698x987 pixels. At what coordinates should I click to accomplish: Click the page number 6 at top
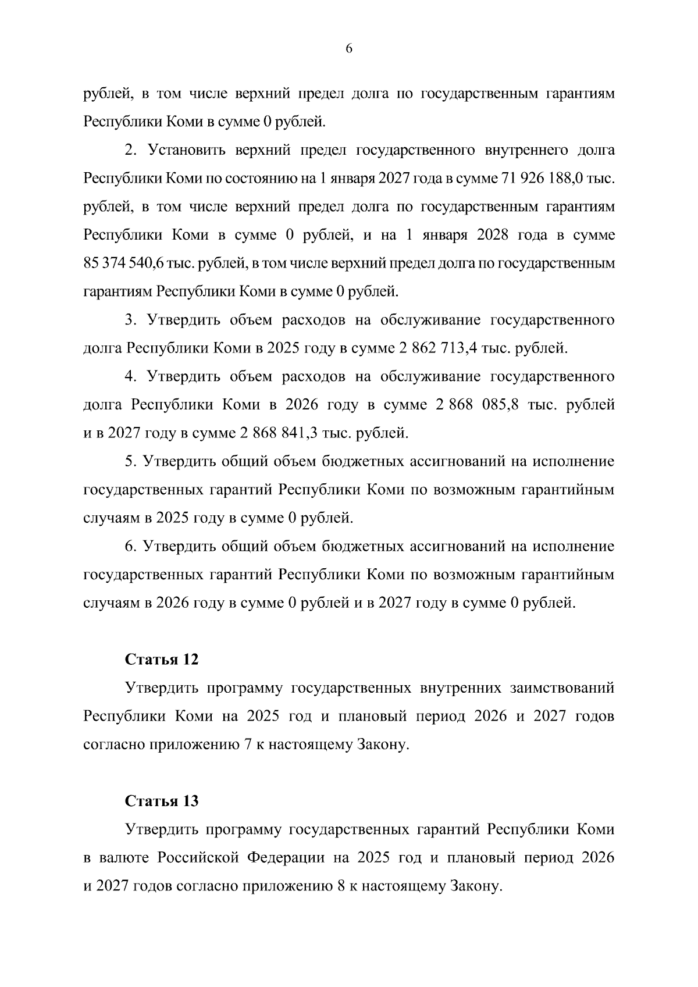pyautogui.click(x=348, y=49)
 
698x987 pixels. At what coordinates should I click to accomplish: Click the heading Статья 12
pyautogui.click(x=162, y=660)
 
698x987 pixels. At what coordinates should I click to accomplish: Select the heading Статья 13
pyautogui.click(x=162, y=801)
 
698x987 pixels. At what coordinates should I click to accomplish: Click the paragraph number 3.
pyautogui.click(x=130, y=320)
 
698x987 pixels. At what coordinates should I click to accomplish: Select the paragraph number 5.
pyautogui.click(x=130, y=461)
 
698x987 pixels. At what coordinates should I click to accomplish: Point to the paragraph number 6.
pyautogui.click(x=130, y=546)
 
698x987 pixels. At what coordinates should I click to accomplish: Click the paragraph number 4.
pyautogui.click(x=130, y=376)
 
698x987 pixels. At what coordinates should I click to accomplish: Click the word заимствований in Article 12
pyautogui.click(x=561, y=688)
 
